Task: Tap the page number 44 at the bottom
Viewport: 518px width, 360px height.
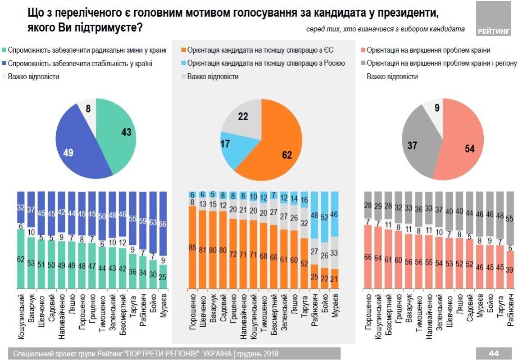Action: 494,353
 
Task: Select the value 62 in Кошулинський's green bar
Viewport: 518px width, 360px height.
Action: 21,259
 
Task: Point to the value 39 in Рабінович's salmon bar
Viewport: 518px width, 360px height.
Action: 510,271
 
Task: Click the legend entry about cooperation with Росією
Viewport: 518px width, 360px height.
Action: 266,63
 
